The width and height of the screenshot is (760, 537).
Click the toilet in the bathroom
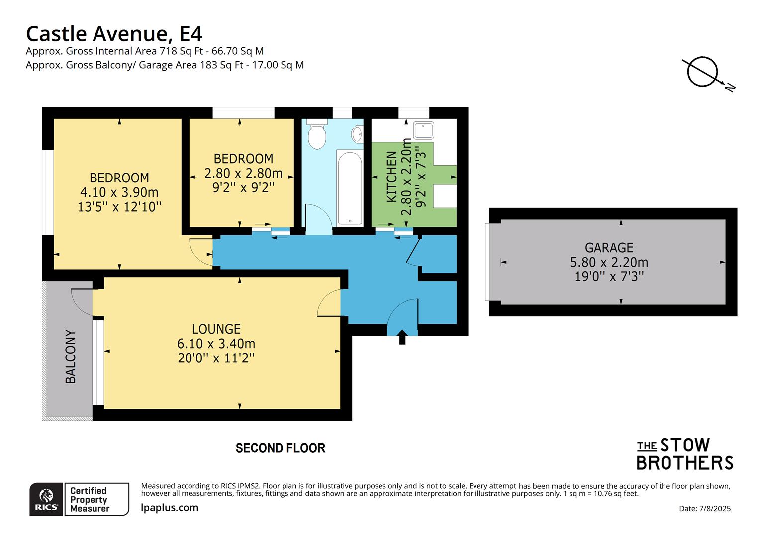coord(316,134)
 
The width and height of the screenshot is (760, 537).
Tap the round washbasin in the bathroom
coord(357,133)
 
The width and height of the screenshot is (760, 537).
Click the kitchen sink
coord(423,130)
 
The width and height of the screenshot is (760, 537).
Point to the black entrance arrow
coord(402,337)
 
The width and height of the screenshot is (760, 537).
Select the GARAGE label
coord(609,248)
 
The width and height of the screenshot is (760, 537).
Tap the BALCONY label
coord(71,357)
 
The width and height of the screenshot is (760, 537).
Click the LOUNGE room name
coord(216,329)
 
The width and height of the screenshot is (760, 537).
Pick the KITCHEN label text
coord(392,177)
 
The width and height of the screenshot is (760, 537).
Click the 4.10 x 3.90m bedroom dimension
coord(119,192)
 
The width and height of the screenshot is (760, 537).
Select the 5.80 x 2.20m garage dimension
coord(609,262)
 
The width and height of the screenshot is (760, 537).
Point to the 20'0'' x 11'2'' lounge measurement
coord(216,358)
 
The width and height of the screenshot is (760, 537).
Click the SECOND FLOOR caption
coord(280,448)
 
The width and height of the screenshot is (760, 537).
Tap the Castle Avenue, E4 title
coord(114,34)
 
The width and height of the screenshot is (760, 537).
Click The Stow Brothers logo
coord(684,454)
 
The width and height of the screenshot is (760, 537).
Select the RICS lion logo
coord(46,499)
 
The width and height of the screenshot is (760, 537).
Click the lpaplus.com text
coord(170,508)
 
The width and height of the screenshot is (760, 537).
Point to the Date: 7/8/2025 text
coord(704,508)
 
